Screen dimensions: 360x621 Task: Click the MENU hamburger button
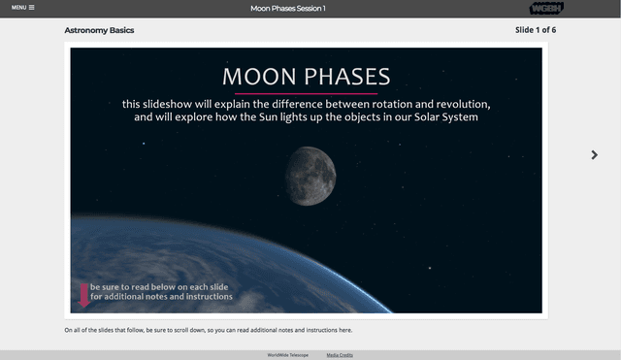tap(22, 8)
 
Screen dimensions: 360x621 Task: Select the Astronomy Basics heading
tap(99, 30)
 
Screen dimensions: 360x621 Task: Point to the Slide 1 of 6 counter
tap(535, 30)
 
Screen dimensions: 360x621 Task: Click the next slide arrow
tap(594, 154)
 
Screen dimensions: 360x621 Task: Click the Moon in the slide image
tap(310, 176)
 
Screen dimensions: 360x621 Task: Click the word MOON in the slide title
tap(259, 77)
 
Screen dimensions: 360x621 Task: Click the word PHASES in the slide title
tap(344, 77)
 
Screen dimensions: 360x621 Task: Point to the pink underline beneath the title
tap(307, 93)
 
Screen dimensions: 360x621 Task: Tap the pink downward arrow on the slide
tap(84, 296)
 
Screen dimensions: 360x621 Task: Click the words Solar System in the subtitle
tap(441, 118)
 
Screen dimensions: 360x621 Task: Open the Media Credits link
tap(340, 355)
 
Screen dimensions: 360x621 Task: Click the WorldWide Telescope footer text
tap(288, 355)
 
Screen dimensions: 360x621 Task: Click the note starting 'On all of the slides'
tap(208, 330)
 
